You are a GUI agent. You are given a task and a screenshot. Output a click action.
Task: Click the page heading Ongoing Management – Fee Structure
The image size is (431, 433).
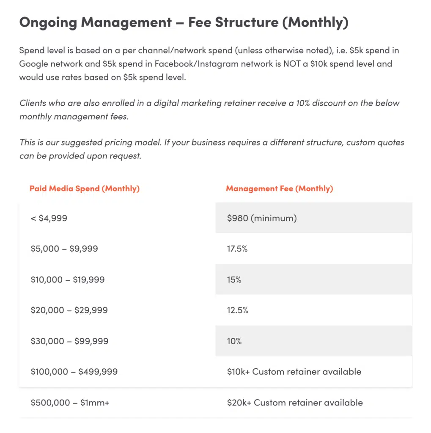(184, 23)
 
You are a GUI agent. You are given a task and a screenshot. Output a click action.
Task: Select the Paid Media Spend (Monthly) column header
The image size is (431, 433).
(85, 189)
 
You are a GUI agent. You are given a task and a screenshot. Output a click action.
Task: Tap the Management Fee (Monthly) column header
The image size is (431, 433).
(279, 189)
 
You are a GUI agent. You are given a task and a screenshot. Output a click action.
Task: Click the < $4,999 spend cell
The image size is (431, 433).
(49, 218)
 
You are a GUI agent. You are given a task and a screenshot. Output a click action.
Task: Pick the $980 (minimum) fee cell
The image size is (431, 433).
(262, 218)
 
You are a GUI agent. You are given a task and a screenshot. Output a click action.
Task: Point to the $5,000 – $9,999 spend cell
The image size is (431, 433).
(64, 249)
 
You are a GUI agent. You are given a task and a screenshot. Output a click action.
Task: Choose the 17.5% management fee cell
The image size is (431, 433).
(237, 249)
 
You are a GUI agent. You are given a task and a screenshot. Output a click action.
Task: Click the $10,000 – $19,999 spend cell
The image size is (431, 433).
(68, 280)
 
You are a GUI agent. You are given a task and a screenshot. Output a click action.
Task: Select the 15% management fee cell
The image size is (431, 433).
(234, 280)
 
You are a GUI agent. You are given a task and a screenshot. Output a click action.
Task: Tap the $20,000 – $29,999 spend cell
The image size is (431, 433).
(69, 310)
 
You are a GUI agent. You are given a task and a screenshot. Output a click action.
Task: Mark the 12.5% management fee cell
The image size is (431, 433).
(238, 310)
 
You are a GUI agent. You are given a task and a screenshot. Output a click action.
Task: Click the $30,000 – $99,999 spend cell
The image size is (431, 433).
(69, 341)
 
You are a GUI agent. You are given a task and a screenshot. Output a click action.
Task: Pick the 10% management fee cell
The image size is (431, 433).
(234, 341)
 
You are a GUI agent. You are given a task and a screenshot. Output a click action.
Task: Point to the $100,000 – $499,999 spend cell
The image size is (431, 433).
(74, 372)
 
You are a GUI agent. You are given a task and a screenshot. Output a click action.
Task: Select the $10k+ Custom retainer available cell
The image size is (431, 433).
(294, 372)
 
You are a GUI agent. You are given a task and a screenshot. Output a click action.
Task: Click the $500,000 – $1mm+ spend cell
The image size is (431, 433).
(70, 403)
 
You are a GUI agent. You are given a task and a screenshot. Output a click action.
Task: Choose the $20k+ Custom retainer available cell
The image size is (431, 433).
(295, 403)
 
